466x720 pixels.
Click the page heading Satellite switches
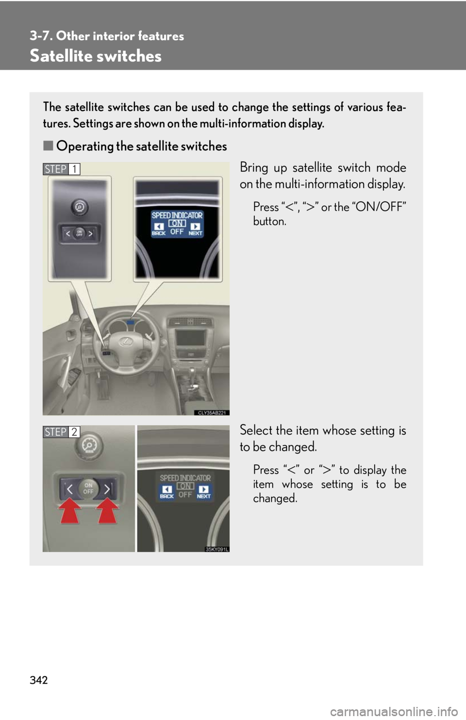pos(96,56)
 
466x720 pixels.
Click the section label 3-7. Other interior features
pos(107,36)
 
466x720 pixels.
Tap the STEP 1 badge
pos(62,169)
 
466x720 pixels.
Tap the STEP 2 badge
pos(62,432)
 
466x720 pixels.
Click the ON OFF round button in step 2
pos(88,488)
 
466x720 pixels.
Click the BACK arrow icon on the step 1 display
pos(159,227)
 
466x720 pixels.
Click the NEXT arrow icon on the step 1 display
pos(195,227)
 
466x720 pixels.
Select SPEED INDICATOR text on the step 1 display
pos(177,215)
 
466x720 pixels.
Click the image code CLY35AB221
pos(212,413)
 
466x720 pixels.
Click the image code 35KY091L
pos(216,549)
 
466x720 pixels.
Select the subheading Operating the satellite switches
pos(141,146)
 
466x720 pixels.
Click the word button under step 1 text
pos(270,221)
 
